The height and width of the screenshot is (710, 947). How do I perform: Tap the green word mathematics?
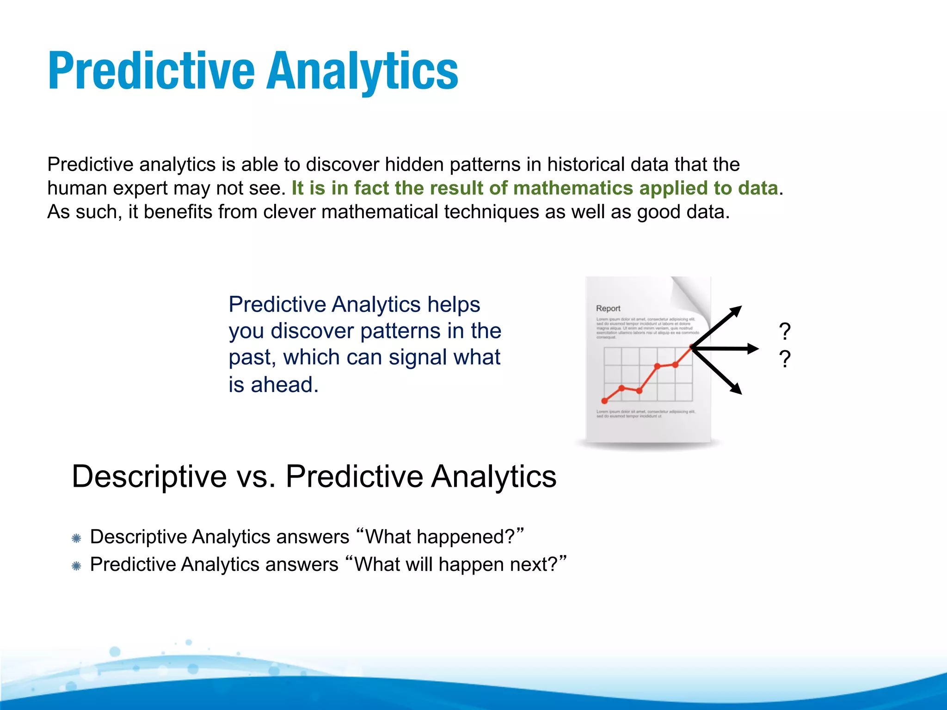(573, 188)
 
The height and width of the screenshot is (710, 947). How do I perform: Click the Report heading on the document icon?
(608, 308)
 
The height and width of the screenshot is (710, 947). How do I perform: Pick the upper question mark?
(785, 332)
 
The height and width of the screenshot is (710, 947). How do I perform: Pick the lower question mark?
(785, 359)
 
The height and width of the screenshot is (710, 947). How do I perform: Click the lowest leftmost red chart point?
(604, 401)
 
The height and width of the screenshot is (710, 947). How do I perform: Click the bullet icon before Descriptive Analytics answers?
(77, 538)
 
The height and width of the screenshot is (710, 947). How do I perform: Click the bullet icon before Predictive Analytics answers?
(77, 566)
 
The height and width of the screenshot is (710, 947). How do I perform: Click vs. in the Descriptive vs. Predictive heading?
(256, 477)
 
